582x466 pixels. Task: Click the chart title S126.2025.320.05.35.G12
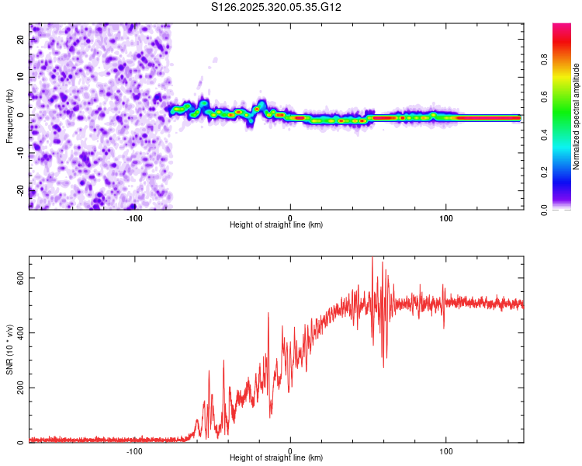click(x=277, y=8)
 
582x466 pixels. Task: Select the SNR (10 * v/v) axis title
click(x=9, y=350)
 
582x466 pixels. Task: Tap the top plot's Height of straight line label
click(x=276, y=225)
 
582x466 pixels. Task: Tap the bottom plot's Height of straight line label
click(x=276, y=458)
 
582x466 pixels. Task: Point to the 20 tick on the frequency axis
click(x=20, y=40)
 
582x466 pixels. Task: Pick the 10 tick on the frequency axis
click(x=20, y=78)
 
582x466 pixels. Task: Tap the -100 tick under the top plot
click(x=133, y=217)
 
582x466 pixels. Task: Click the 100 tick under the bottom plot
click(x=446, y=450)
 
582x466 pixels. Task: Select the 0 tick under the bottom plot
click(x=290, y=450)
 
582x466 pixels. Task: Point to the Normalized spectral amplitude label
click(x=577, y=116)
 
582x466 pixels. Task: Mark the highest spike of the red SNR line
click(x=372, y=258)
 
